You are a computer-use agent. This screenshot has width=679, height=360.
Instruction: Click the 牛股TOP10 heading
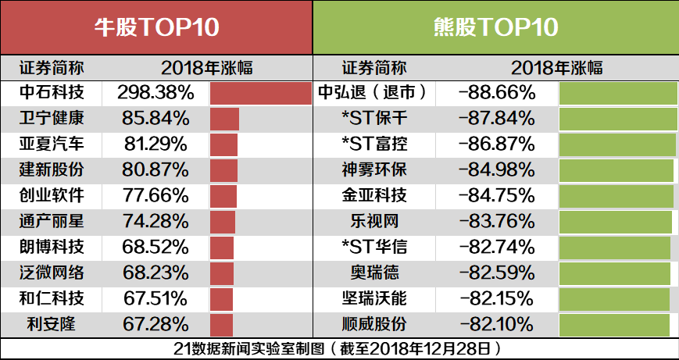point(156,28)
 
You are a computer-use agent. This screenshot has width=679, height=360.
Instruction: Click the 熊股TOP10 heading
point(495,28)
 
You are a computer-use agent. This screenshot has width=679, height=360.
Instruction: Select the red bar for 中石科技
point(261,94)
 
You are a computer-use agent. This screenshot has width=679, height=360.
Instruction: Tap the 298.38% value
point(156,94)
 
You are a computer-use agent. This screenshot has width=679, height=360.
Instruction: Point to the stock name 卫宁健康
point(52,119)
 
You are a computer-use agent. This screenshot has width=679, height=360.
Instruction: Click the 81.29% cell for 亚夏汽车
point(156,144)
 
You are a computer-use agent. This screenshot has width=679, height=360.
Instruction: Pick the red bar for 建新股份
point(223,170)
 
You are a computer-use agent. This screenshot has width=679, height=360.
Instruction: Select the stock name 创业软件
point(52,196)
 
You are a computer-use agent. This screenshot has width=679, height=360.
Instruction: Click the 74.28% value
point(156,222)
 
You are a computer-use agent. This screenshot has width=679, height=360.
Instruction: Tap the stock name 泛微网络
point(52,273)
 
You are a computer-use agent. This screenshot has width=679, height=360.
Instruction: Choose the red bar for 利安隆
point(222,324)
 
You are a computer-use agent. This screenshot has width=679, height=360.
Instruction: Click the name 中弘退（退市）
point(373,94)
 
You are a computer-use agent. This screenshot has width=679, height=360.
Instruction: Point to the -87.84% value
point(497,119)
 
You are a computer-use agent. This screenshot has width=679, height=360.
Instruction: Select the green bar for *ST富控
point(617,144)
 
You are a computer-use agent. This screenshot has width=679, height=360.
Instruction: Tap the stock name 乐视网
point(373,222)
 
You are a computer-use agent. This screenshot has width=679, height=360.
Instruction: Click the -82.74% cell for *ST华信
point(497,248)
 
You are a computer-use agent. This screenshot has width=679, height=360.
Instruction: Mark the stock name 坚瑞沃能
point(373,299)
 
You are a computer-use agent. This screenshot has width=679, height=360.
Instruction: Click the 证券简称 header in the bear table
point(373,68)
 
